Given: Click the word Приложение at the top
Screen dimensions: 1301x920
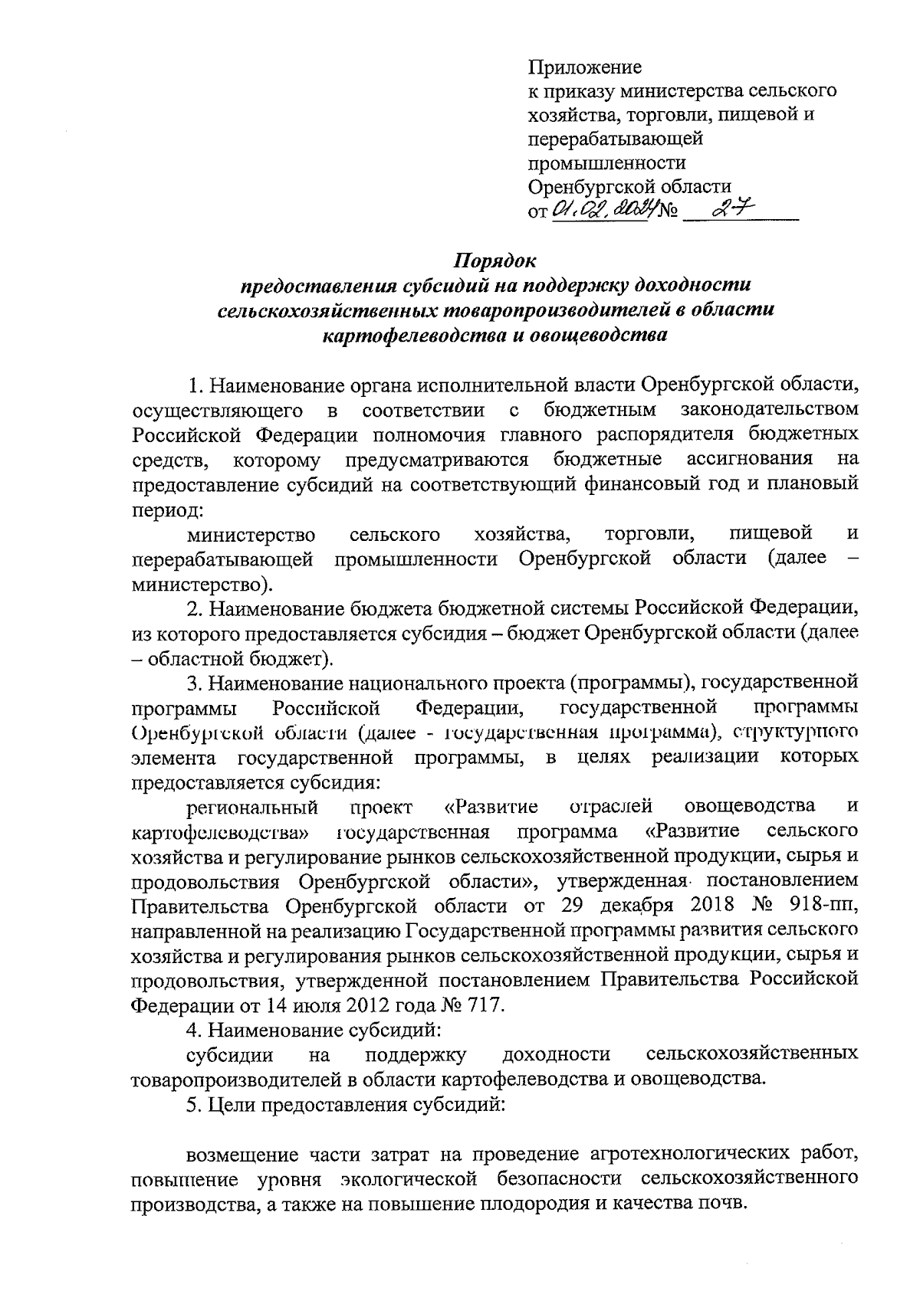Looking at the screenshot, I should (584, 67).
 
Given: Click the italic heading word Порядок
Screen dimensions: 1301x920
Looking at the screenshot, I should (495, 261).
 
